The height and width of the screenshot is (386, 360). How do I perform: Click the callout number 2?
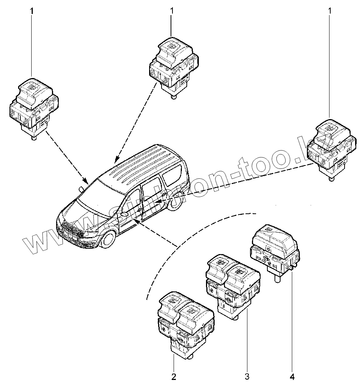pyautogui.click(x=174, y=377)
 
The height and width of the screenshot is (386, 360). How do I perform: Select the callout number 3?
pyautogui.click(x=247, y=376)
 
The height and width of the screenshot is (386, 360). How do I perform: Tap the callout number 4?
pyautogui.click(x=293, y=376)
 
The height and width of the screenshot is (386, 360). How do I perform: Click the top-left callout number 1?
pyautogui.click(x=32, y=11)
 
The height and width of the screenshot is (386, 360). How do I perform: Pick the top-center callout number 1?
pyautogui.click(x=172, y=11)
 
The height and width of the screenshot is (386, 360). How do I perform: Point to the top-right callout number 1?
pyautogui.click(x=330, y=11)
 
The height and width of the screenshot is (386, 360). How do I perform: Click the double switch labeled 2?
pyautogui.click(x=185, y=322)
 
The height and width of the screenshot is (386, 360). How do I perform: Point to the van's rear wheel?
pyautogui.click(x=175, y=202)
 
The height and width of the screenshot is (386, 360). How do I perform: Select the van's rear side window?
pyautogui.click(x=171, y=176)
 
